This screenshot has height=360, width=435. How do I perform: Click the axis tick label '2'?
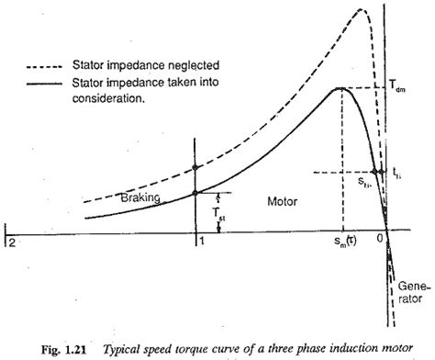[x=11, y=241]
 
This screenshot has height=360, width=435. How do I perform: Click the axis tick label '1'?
[x=199, y=241]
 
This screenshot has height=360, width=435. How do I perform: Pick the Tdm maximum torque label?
[x=404, y=89]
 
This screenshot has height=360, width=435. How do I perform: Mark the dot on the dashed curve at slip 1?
[x=194, y=168]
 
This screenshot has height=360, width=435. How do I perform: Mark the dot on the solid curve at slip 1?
[x=194, y=192]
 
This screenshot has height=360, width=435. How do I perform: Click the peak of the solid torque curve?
[x=340, y=88]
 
